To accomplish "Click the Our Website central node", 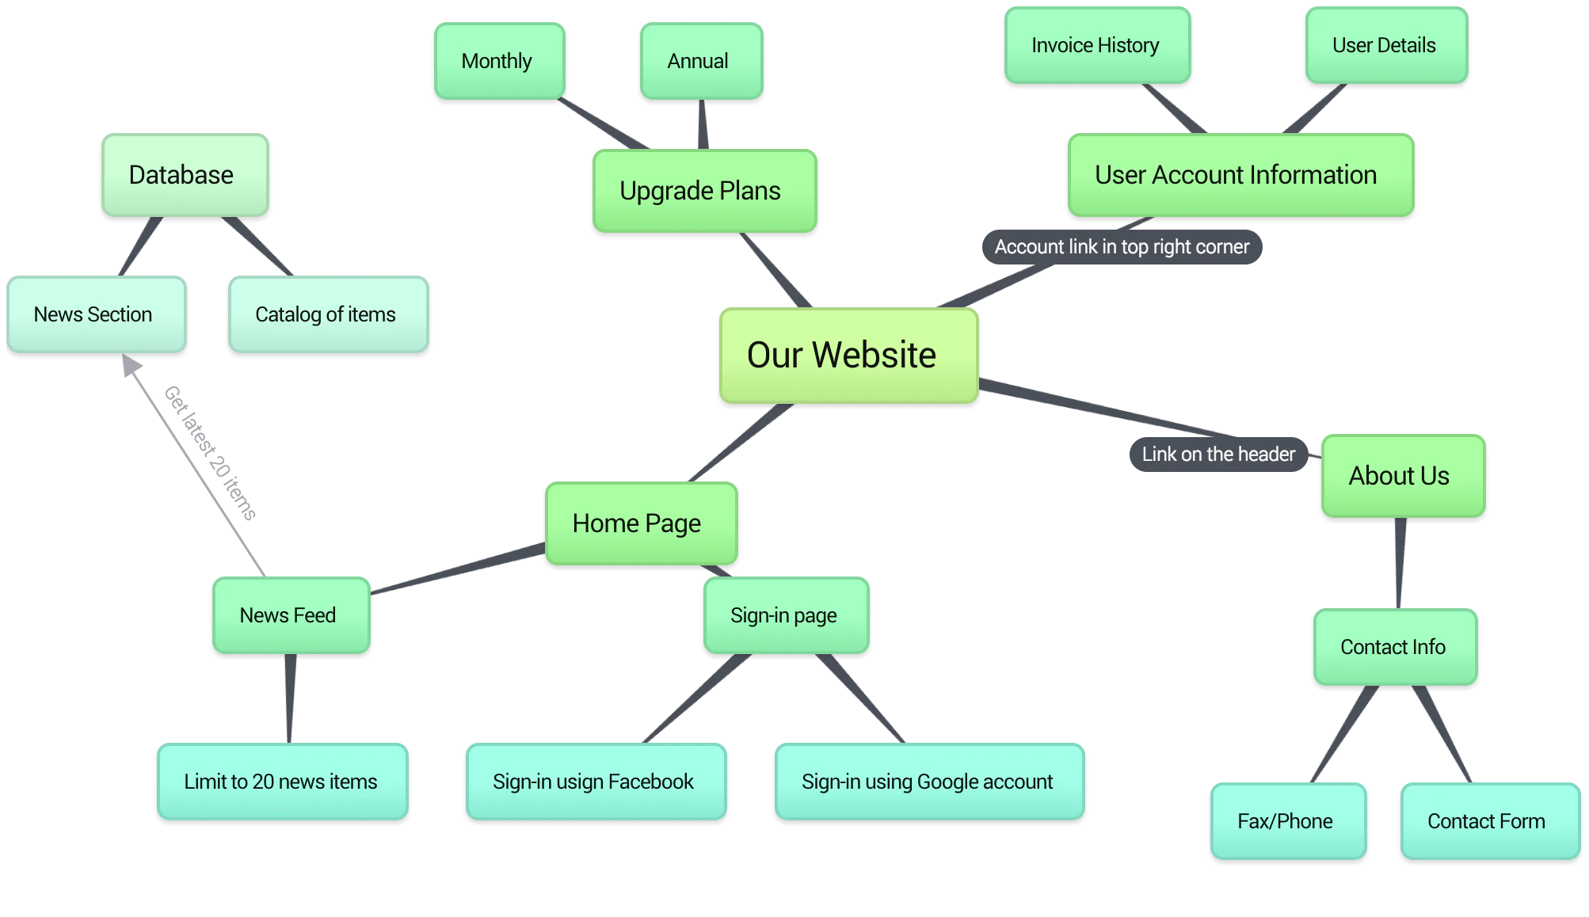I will click(x=848, y=355).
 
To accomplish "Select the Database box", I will click(x=185, y=175).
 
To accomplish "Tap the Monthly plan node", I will click(x=499, y=61).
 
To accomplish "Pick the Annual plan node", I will click(x=701, y=61).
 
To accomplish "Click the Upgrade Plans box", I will click(x=703, y=191).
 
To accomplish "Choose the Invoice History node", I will click(x=1097, y=45).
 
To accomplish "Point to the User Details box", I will click(x=1386, y=45).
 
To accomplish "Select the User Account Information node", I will click(x=1240, y=175).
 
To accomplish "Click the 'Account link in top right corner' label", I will click(x=1122, y=247).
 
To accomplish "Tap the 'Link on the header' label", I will click(x=1218, y=455).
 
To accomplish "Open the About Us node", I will click(x=1402, y=476).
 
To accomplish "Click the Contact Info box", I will click(x=1395, y=647).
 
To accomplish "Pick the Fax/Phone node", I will click(x=1287, y=821).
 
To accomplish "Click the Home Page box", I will click(x=640, y=523).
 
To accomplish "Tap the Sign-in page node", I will click(x=786, y=615).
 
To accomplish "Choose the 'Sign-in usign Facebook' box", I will click(x=596, y=782).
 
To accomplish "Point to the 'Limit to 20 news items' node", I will click(x=282, y=782).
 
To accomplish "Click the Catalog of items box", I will click(x=328, y=314).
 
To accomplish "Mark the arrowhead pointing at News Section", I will click(x=130, y=366).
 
